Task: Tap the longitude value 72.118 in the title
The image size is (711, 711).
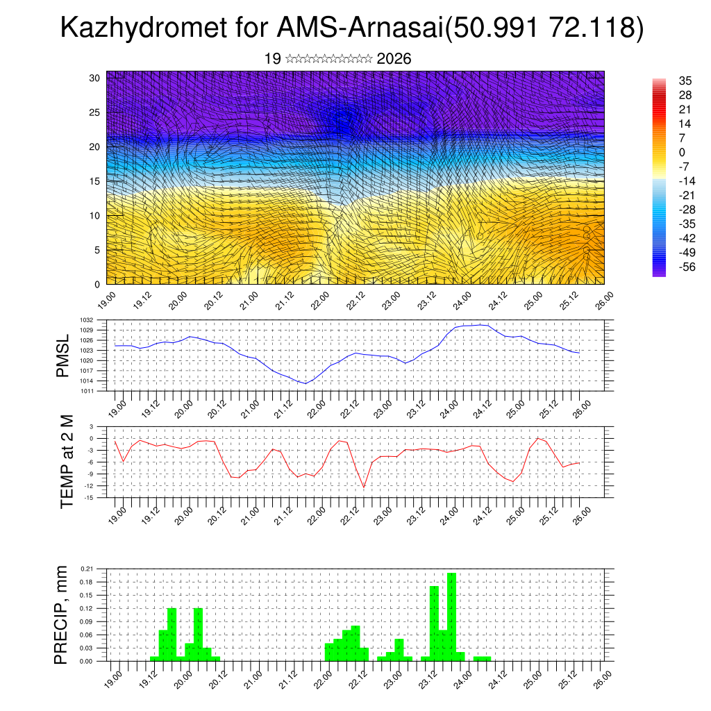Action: (x=591, y=28)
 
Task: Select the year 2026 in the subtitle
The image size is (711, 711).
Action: (x=394, y=59)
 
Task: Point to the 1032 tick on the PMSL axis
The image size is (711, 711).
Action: (x=97, y=321)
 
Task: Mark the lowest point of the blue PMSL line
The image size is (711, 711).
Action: (x=305, y=383)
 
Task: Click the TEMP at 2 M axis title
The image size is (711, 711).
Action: (x=67, y=461)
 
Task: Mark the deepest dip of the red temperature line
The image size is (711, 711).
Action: (x=364, y=487)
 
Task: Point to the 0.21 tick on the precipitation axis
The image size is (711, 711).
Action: (x=97, y=569)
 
